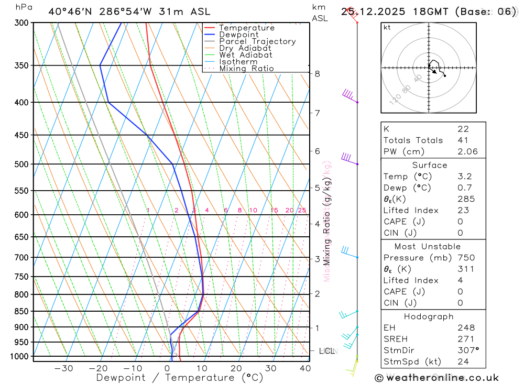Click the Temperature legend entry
246,28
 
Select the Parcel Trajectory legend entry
257,41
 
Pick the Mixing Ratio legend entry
246,69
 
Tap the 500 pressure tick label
21,164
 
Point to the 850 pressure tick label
21,311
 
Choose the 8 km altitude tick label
318,74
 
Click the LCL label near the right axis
326,350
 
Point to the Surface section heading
429,165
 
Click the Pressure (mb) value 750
465,258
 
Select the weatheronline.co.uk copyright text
436,378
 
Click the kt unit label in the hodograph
387,28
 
